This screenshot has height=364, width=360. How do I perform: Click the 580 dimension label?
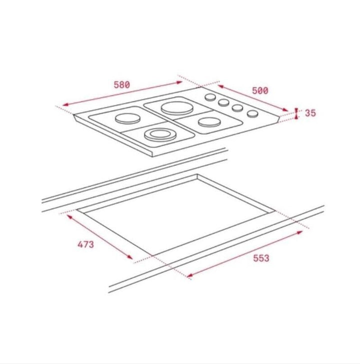(x=121, y=84)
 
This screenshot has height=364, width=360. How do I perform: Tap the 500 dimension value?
(x=260, y=90)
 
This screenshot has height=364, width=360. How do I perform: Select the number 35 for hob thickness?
(x=310, y=113)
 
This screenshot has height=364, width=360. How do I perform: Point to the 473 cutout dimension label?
(x=85, y=244)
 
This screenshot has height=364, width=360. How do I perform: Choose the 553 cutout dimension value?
(x=261, y=258)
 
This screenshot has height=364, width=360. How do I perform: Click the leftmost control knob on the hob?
(x=210, y=97)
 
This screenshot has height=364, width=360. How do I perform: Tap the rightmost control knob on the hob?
(x=252, y=113)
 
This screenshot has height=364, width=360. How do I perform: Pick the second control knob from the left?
(x=224, y=102)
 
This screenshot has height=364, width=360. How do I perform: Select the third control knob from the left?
(x=237, y=107)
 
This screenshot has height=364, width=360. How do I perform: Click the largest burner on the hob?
(x=177, y=108)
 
